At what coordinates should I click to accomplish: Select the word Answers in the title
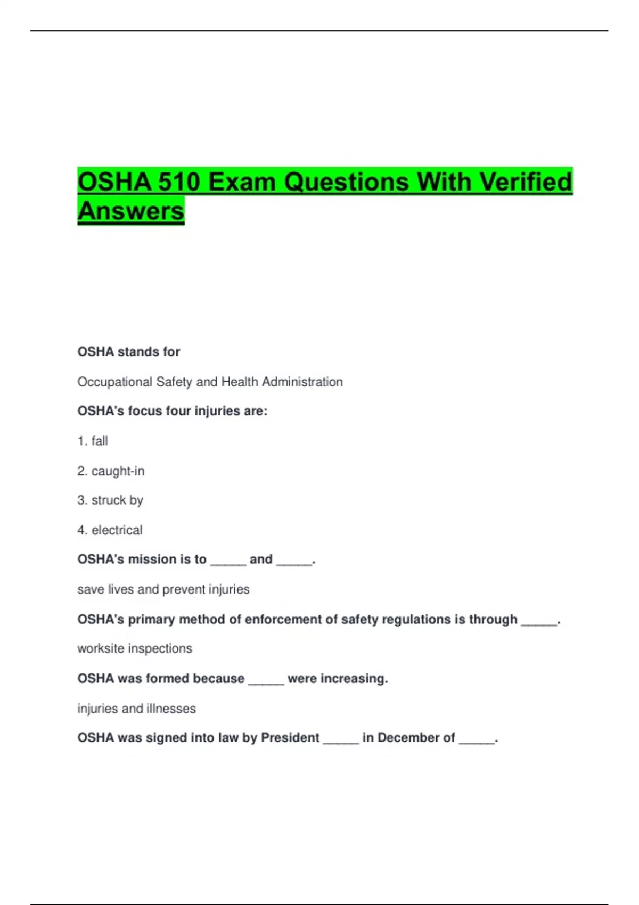click(131, 211)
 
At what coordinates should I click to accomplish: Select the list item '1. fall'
click(93, 441)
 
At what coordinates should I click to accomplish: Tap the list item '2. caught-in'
click(111, 471)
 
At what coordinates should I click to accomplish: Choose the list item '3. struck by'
click(110, 500)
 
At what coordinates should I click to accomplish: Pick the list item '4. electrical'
click(110, 530)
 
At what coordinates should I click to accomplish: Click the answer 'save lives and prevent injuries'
click(163, 589)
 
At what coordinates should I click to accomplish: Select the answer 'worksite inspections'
click(134, 648)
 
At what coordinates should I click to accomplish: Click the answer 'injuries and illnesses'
click(136, 709)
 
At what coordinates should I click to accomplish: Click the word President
click(290, 738)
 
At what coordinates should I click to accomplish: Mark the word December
click(408, 738)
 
